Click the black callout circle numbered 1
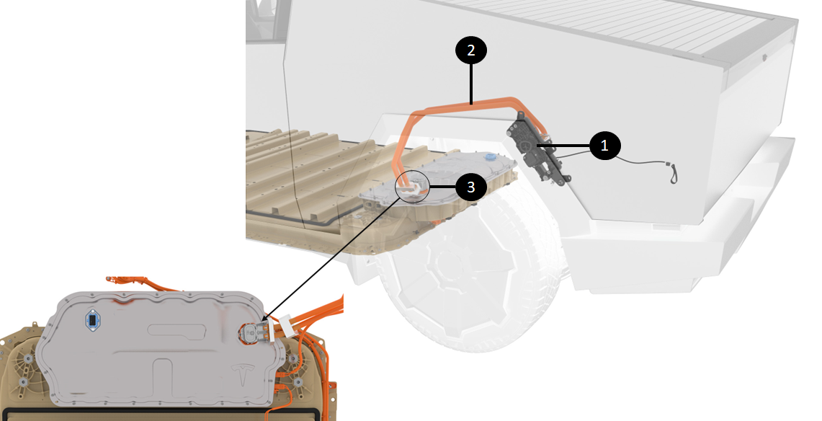(604, 145)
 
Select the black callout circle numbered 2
(470, 50)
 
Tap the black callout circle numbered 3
(470, 187)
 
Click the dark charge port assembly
(538, 149)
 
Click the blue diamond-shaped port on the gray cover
(92, 320)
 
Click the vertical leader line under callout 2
(471, 85)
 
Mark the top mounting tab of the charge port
(521, 116)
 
